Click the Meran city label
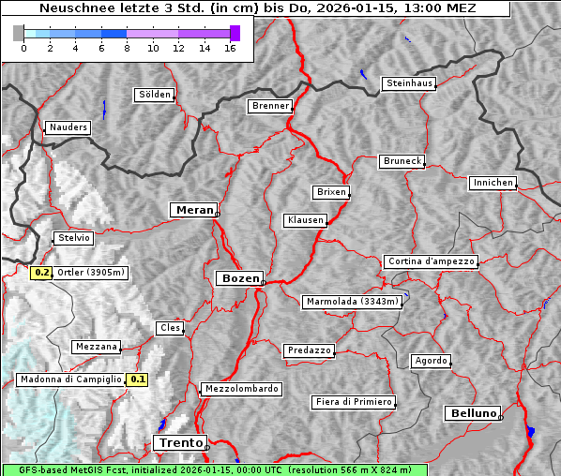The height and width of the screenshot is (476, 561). (x=192, y=210)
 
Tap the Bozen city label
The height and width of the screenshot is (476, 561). (x=238, y=278)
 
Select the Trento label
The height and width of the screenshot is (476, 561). (x=178, y=442)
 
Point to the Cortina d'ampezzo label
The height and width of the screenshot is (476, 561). (x=431, y=261)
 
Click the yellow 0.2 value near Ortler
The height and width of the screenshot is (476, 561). (x=41, y=273)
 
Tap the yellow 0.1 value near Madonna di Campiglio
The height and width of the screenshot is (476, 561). (x=138, y=379)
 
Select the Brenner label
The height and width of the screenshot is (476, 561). (x=270, y=106)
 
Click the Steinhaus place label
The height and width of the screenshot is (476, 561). (x=410, y=83)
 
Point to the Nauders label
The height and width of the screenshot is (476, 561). (x=68, y=127)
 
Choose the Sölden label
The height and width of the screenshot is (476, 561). (x=155, y=95)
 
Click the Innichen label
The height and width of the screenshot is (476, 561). (x=493, y=183)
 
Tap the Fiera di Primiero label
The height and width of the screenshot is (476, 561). (x=353, y=402)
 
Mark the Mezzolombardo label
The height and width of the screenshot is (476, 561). (x=240, y=388)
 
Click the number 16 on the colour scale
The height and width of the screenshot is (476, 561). (x=229, y=48)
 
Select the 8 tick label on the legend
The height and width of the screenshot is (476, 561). (x=126, y=48)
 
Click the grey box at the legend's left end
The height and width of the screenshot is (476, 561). (x=19, y=33)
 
